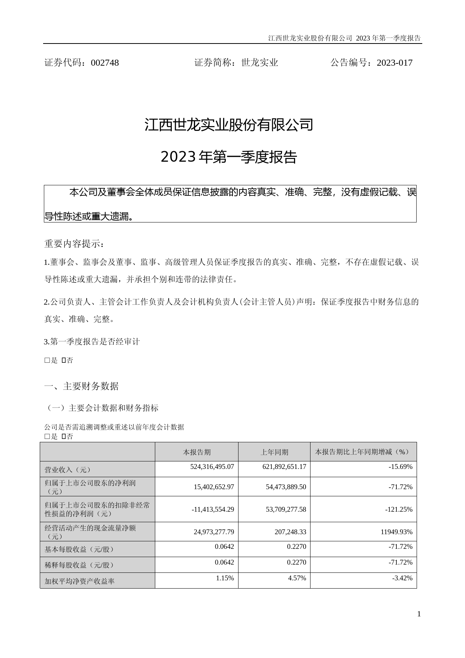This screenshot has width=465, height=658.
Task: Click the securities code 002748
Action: (x=105, y=63)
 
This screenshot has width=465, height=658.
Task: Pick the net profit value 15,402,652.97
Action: (x=214, y=487)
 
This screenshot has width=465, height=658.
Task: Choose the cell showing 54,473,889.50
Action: (x=286, y=487)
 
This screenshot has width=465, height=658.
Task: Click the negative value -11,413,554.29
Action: (x=213, y=509)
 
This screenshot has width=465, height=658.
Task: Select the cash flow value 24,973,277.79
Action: (x=214, y=532)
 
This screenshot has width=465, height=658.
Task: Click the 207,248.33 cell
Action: (x=290, y=532)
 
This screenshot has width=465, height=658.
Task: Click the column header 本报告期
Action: (x=196, y=452)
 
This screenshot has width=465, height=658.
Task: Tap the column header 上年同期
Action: (x=274, y=452)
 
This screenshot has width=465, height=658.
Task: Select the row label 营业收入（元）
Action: (x=68, y=470)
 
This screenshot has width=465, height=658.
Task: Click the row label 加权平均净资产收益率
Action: (x=79, y=581)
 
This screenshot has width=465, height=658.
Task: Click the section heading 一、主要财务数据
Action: (x=81, y=386)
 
